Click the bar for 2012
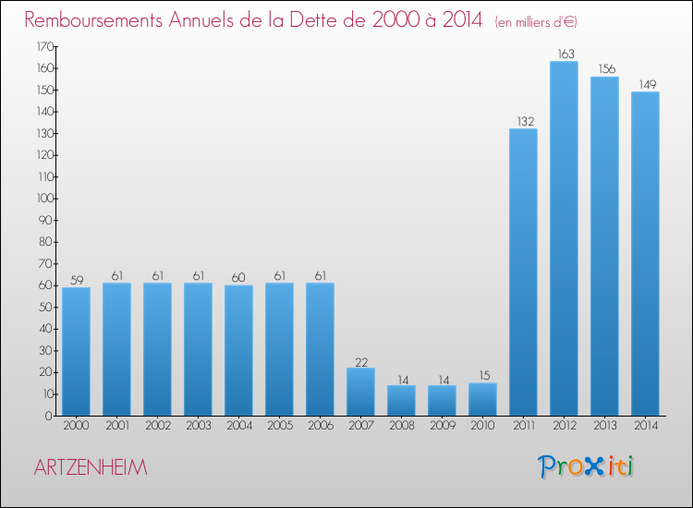[x=564, y=238]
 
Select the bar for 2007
[x=360, y=392]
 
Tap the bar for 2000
[x=76, y=351]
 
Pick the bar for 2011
[x=523, y=272]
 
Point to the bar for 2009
[x=442, y=400]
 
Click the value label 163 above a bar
[x=564, y=54]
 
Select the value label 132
[x=523, y=121]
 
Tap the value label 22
[x=360, y=360]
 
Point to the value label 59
[x=76, y=280]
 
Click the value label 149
[x=645, y=84]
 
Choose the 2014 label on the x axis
[x=645, y=427]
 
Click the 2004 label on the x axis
[x=238, y=427]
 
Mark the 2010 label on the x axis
[x=482, y=427]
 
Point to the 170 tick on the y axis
[x=43, y=46]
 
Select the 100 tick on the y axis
[x=43, y=199]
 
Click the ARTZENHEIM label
[x=90, y=468]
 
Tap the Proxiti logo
[x=586, y=466]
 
